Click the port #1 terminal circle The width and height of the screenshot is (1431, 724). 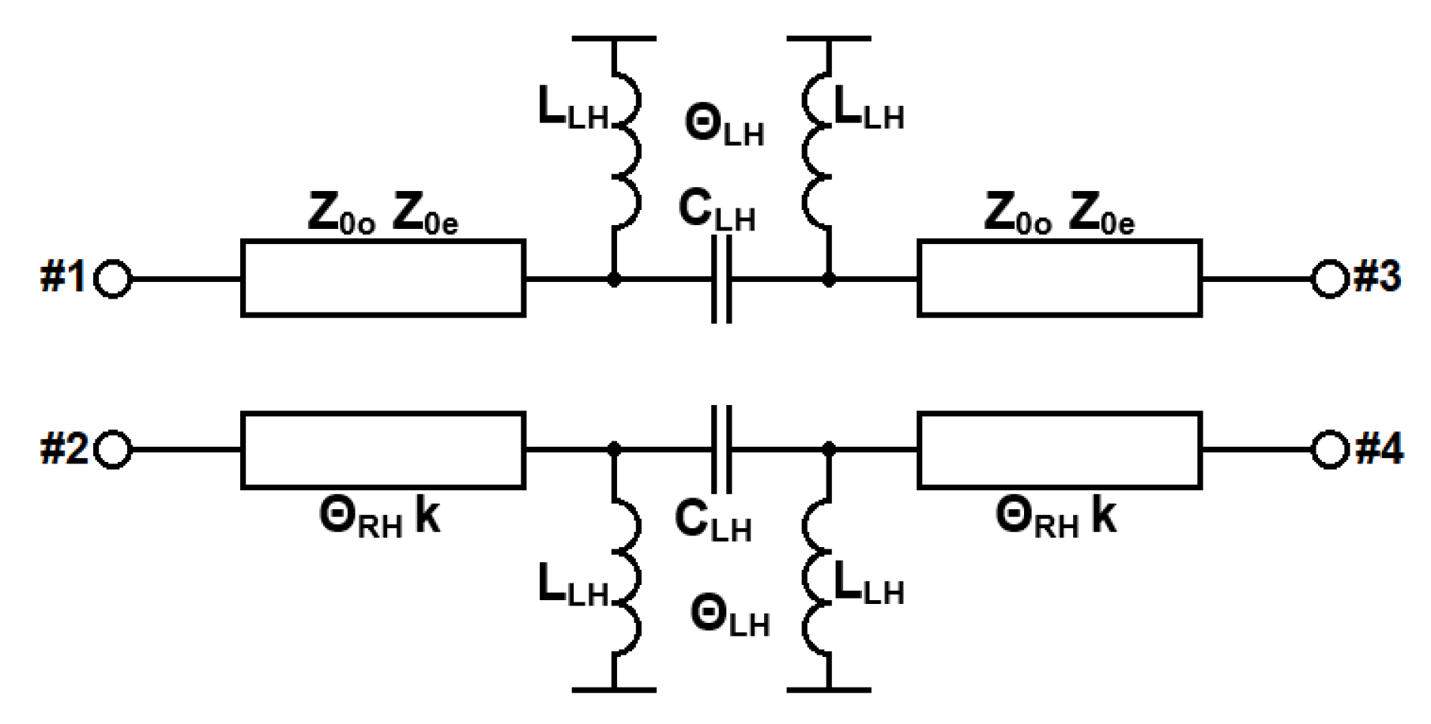(x=112, y=279)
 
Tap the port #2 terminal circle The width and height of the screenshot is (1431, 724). (x=112, y=450)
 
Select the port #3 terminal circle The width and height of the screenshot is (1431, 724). (x=1329, y=279)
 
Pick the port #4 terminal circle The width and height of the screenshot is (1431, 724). (x=1329, y=450)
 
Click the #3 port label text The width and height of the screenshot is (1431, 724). (x=1377, y=277)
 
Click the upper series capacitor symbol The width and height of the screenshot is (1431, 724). (x=721, y=279)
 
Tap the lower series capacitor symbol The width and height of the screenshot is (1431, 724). (x=721, y=450)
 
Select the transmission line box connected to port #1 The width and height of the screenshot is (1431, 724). (x=383, y=279)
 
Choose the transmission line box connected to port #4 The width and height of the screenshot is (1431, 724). (x=1059, y=450)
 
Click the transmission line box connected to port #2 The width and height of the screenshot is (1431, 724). (x=383, y=450)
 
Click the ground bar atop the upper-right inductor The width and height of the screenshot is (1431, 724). (x=829, y=38)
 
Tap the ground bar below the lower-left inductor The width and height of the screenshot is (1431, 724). (x=614, y=690)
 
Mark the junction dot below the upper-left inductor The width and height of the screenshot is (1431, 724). (x=614, y=279)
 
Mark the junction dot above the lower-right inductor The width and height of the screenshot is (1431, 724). (x=829, y=450)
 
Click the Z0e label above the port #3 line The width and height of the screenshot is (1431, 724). (x=1101, y=215)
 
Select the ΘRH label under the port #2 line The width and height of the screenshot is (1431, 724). (x=360, y=518)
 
